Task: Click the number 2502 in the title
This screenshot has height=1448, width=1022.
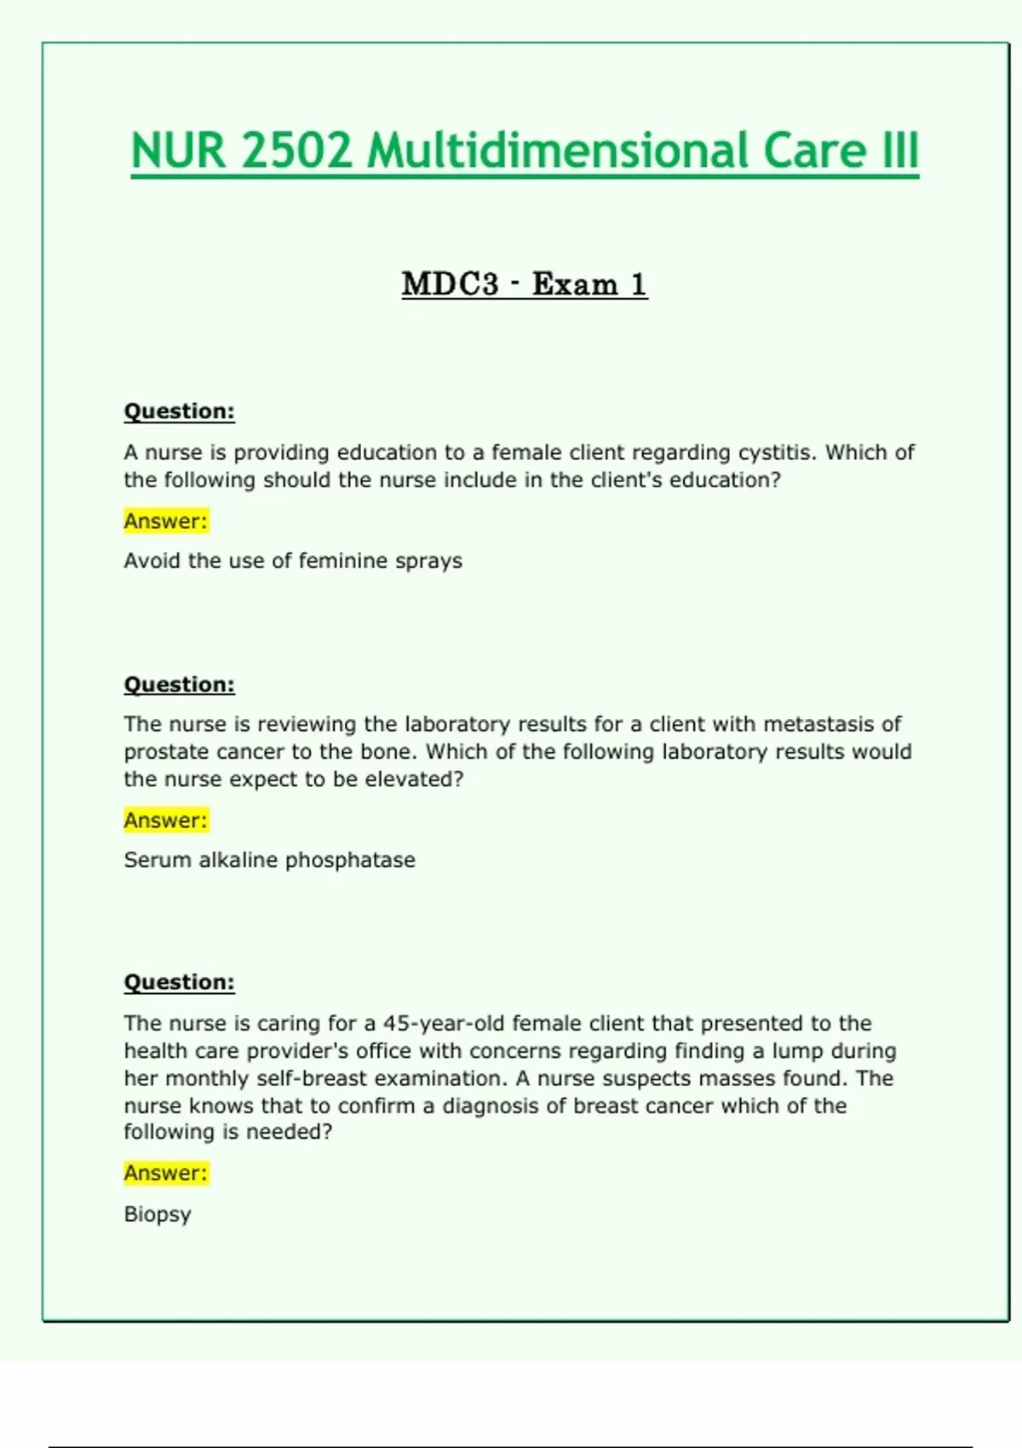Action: point(296,151)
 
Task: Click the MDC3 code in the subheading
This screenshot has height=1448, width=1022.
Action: point(450,284)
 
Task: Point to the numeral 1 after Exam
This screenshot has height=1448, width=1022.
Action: point(638,284)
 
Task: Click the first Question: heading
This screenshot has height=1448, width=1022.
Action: point(179,411)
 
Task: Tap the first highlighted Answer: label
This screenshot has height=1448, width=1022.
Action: point(165,520)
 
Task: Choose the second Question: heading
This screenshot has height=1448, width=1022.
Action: point(179,685)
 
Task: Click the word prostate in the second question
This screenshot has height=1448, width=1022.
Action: point(167,752)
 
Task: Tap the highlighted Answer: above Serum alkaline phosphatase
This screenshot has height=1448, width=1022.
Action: point(165,820)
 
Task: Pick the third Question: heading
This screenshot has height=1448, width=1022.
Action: point(179,982)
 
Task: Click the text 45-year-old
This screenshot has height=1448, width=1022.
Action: point(445,1023)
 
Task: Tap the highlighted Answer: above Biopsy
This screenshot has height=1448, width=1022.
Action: point(165,1173)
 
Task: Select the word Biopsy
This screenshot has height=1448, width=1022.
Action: point(158,1215)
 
